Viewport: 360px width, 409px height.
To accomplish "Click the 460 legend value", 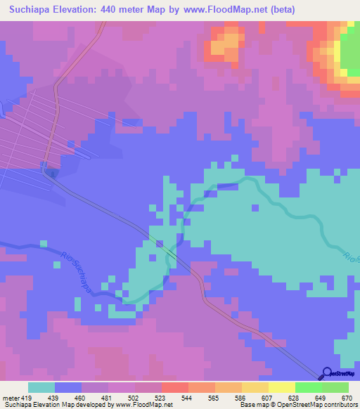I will pyautogui.click(x=82, y=398).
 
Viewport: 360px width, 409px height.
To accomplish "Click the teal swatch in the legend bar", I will pyautogui.click(x=41, y=387).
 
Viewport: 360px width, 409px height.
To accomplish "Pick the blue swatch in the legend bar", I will pyautogui.click(x=68, y=387).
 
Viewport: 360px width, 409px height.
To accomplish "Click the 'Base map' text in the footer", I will pyautogui.click(x=251, y=405).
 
